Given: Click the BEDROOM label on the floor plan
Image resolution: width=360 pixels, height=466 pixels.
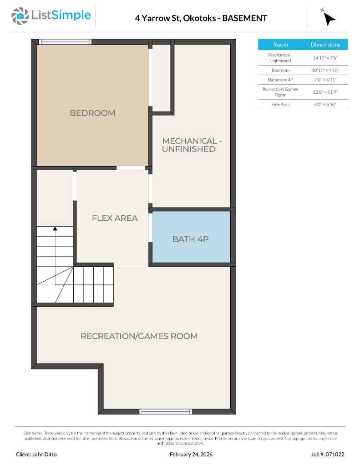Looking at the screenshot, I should (92, 113).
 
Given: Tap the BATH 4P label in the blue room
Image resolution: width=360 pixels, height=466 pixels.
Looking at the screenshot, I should (190, 238).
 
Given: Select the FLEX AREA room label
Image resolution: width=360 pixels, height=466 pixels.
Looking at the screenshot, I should (115, 218).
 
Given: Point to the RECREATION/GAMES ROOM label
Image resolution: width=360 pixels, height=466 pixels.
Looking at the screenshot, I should (139, 336).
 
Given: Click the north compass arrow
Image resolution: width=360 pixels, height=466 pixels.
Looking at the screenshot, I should (329, 18).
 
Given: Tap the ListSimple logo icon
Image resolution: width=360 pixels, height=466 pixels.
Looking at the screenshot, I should (20, 16).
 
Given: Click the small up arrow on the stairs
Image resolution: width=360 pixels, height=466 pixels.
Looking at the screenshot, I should (55, 228).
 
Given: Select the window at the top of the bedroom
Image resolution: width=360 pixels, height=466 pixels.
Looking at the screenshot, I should (65, 41).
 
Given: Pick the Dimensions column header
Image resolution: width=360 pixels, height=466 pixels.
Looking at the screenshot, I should (325, 45).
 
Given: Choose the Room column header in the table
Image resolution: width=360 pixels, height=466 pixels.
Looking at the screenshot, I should (280, 45).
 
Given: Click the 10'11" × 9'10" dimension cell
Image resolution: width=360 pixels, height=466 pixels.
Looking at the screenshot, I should (325, 71).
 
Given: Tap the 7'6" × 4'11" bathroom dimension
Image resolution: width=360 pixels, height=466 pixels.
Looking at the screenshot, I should (325, 80).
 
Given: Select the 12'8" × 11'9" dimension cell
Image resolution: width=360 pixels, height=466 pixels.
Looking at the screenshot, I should (325, 92).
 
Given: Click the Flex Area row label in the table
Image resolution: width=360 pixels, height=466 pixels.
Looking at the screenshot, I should (280, 105).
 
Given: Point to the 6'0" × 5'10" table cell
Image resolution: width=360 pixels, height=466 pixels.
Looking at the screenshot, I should (325, 105).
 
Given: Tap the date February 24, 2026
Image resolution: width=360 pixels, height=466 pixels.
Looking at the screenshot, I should (191, 454).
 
